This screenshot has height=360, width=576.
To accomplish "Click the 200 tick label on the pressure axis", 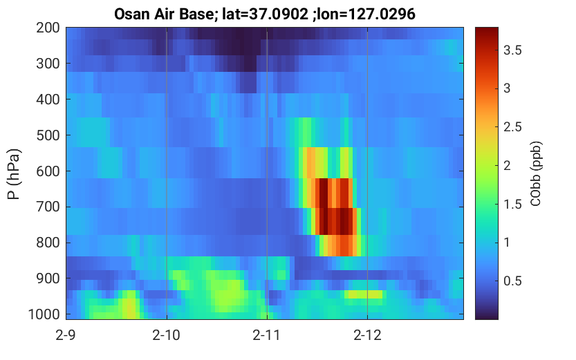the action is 48,28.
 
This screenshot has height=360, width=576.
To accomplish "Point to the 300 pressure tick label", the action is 48,64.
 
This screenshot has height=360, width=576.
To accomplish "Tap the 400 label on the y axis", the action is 48,99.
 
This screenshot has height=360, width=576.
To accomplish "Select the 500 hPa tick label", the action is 48,135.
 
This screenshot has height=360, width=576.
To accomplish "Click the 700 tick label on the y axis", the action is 48,207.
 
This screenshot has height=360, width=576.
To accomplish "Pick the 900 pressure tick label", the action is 48,278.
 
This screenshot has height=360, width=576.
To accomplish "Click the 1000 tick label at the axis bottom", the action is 44,314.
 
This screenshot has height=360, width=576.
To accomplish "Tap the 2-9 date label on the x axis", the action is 66,335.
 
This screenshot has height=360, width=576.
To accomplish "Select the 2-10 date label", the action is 167,335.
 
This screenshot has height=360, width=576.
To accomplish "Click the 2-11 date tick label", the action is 267,335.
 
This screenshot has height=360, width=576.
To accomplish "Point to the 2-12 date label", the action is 367,335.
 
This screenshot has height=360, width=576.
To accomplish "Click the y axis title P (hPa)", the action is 14,174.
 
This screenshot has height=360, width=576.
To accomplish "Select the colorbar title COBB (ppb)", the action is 536,173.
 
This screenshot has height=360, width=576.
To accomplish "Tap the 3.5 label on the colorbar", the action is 512,50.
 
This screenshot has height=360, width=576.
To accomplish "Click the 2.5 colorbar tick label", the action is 512,127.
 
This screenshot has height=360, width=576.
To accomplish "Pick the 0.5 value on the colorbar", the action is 512,281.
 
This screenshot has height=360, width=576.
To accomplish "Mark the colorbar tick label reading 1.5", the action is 512,205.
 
